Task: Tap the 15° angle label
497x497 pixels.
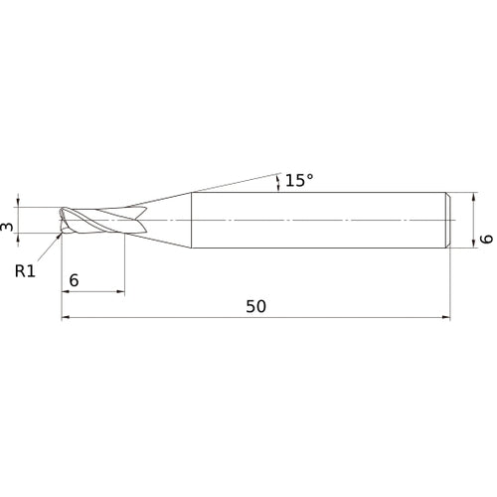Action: click(298, 180)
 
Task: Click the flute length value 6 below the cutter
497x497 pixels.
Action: click(75, 280)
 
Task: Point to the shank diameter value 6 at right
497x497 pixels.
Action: click(486, 238)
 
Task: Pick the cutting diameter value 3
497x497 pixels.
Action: click(9, 228)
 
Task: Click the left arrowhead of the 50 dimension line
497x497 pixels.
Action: click(67, 318)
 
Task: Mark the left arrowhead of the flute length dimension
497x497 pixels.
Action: click(67, 292)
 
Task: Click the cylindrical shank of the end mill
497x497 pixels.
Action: click(318, 218)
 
